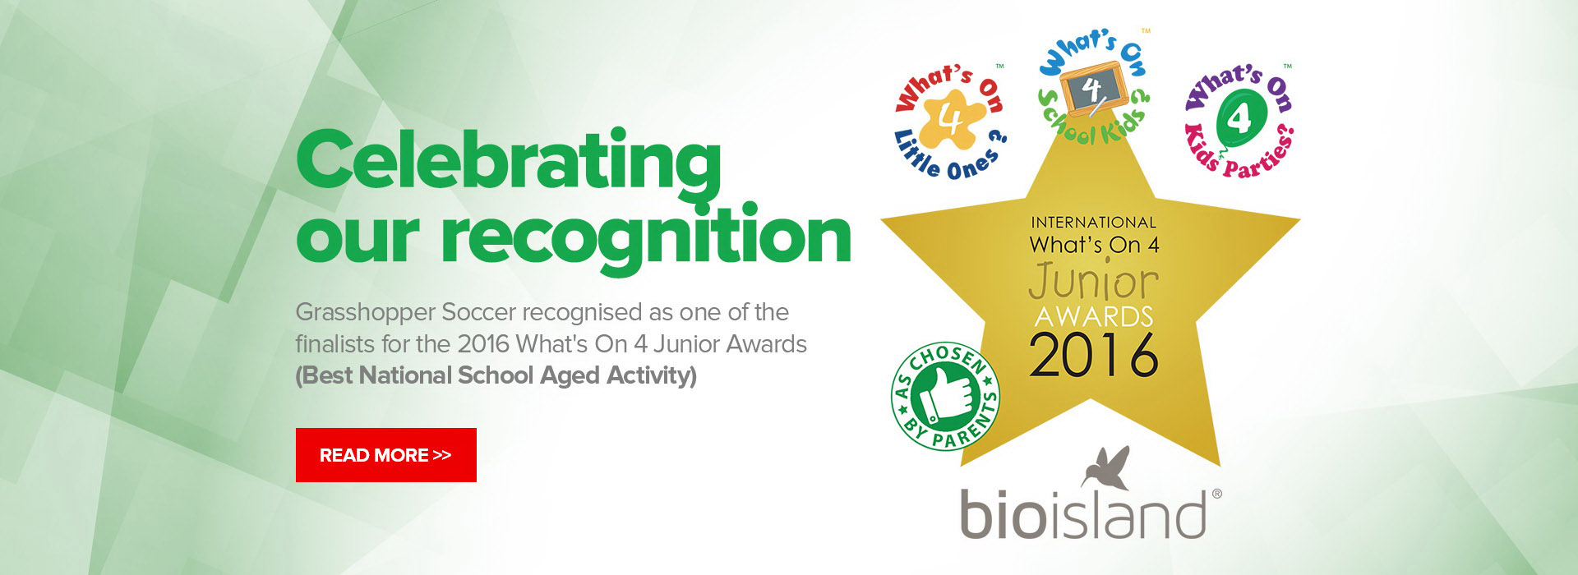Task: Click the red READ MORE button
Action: click(386, 454)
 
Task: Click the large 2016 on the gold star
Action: click(1093, 355)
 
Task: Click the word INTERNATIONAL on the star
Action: click(1093, 223)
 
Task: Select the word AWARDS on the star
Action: click(1093, 316)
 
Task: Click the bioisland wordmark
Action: click(1082, 513)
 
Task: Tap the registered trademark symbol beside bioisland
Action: click(1216, 494)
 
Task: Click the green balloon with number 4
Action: click(1239, 120)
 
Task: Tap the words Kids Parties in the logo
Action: click(1237, 152)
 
